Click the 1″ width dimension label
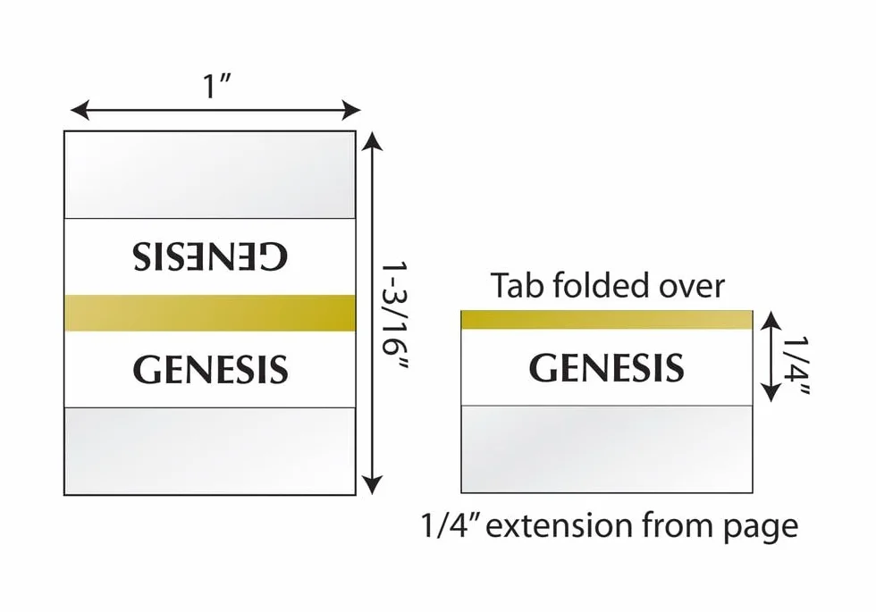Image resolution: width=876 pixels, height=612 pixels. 217,86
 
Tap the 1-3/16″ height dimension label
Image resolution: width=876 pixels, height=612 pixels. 394,315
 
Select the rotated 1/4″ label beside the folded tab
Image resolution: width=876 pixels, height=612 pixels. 795,365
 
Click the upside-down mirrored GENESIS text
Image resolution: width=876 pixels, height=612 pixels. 210,256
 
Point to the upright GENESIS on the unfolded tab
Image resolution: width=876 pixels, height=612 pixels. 210,369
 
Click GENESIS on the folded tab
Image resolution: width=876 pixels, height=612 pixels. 606,367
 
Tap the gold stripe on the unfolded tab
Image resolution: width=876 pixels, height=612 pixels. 210,313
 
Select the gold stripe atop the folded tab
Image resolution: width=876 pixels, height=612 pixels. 607,320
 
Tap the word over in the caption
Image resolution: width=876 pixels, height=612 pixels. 692,287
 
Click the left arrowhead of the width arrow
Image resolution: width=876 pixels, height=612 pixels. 80,110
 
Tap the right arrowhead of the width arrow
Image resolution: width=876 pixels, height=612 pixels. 350,110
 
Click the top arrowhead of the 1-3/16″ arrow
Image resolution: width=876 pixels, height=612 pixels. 372,141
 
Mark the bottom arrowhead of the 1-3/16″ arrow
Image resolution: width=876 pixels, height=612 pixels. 372,484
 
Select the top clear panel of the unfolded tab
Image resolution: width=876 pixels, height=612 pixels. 210,175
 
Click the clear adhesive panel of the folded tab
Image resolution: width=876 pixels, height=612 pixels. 607,449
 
